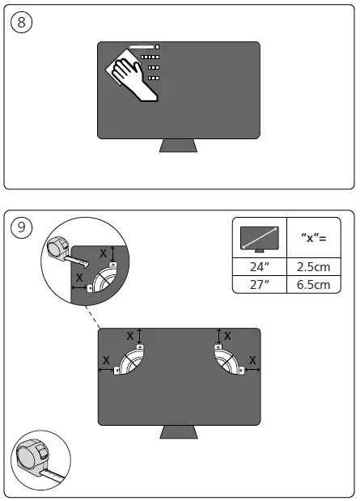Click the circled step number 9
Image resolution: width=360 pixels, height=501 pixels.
22,229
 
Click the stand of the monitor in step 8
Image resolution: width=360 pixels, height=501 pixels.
178,145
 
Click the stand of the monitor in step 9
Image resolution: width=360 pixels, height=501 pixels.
179,431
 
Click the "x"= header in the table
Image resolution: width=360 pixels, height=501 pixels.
314,238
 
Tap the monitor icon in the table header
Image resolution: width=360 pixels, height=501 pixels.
260,239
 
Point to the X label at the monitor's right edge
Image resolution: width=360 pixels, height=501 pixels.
252,359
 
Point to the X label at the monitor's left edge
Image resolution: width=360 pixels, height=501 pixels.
105,359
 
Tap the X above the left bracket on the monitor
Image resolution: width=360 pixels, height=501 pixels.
131,335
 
